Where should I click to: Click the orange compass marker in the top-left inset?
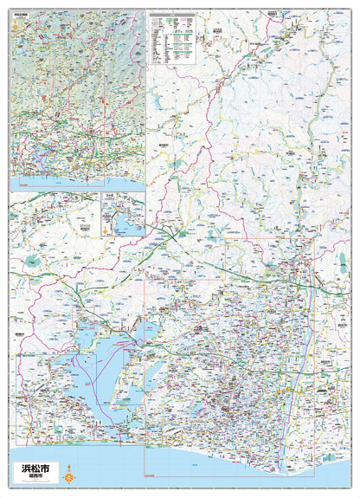point(15,26)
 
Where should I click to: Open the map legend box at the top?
point(177,39)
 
